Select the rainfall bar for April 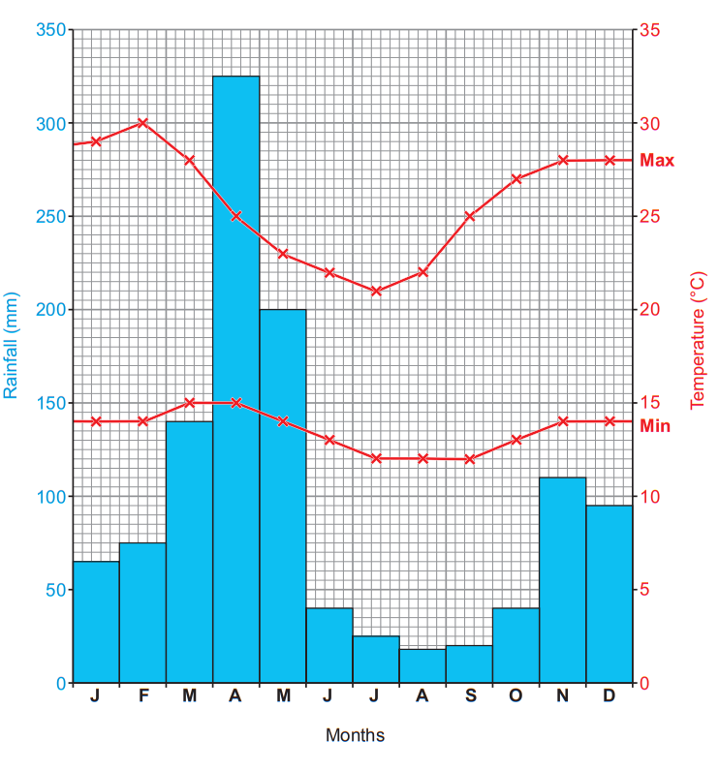point(236,378)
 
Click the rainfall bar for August point(422,665)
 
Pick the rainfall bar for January point(96,622)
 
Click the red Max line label point(657,161)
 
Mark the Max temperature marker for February point(142,123)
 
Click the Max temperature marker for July point(376,291)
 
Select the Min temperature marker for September point(469,458)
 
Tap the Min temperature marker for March point(190,403)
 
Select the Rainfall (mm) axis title point(12,346)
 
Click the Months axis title point(355,735)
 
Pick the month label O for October point(516,696)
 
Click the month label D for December point(609,696)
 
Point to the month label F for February point(142,696)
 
